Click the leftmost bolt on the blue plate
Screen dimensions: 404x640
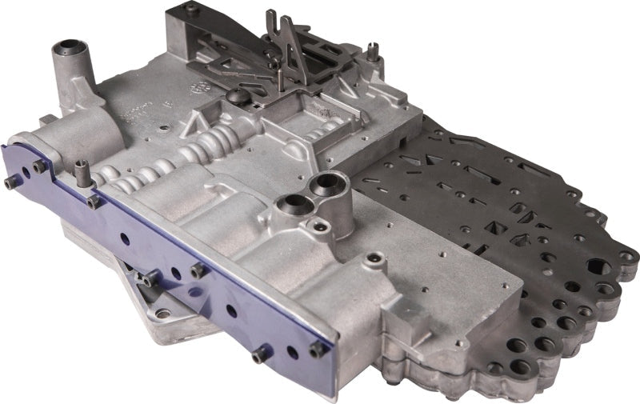pyautogui.click(x=11, y=183)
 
